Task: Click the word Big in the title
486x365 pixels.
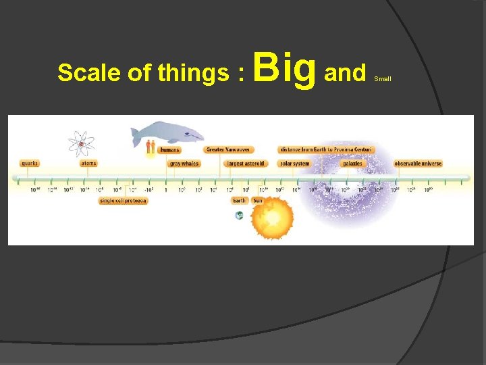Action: pyautogui.click(x=286, y=68)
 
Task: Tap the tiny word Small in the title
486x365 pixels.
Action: pyautogui.click(x=383, y=79)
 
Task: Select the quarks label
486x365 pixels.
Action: pyautogui.click(x=30, y=163)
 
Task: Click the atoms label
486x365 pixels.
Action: pyautogui.click(x=88, y=163)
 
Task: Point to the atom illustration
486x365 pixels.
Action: pyautogui.click(x=82, y=143)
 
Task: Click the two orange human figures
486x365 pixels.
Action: pyautogui.click(x=150, y=146)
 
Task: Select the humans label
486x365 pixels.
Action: pyautogui.click(x=169, y=149)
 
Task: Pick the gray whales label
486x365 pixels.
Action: pyautogui.click(x=184, y=163)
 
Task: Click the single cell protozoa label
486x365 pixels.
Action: pyautogui.click(x=123, y=201)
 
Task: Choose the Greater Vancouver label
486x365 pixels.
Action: pyautogui.click(x=227, y=149)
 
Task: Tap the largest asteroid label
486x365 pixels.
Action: pyautogui.click(x=246, y=163)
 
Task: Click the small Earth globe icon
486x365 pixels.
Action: pyautogui.click(x=239, y=215)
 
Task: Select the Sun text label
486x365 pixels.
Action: pyautogui.click(x=257, y=201)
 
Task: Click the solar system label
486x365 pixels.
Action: pyautogui.click(x=294, y=163)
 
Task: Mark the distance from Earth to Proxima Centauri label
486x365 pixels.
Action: pyautogui.click(x=325, y=149)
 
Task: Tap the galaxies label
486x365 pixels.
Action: pyautogui.click(x=352, y=163)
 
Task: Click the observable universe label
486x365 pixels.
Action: pyautogui.click(x=418, y=163)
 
